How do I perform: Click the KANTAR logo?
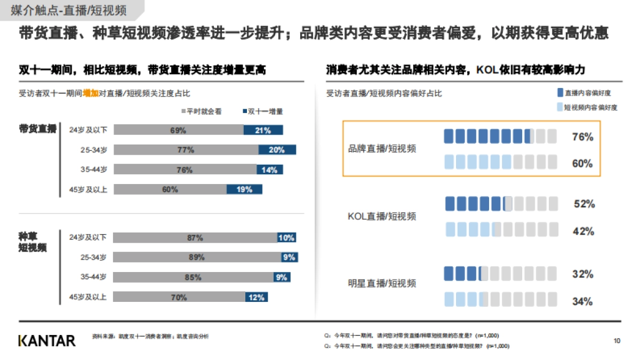coord(47,340)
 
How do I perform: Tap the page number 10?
coord(617,340)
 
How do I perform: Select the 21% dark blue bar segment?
coord(263,130)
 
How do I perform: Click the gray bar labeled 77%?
coord(186,150)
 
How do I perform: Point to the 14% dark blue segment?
coord(269,170)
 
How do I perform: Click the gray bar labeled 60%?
coord(170,189)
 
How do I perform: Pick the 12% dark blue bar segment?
coord(257,297)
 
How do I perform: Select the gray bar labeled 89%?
coord(197,257)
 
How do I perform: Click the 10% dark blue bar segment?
coord(286,237)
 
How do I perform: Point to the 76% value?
coord(582,137)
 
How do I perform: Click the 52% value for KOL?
coord(584,204)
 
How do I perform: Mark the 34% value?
coord(582,301)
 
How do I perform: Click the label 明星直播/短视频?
coord(381,284)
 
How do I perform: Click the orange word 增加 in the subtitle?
coord(91,93)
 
